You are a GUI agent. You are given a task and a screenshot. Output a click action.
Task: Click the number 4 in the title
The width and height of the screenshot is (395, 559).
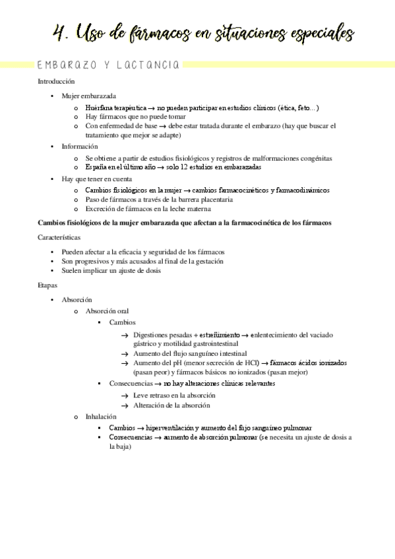click(x=61, y=32)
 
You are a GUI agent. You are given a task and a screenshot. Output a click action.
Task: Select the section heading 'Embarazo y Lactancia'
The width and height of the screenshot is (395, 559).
click(x=108, y=65)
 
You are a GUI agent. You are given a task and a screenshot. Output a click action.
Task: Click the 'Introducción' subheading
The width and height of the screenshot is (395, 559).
click(x=56, y=82)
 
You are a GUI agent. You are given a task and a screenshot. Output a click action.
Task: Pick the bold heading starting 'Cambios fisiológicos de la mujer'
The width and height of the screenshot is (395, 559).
click(x=184, y=223)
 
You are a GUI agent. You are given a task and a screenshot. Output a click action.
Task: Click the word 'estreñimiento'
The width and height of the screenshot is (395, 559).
click(x=220, y=335)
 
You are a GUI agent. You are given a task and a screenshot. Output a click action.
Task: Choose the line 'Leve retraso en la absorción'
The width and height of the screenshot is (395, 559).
click(x=174, y=395)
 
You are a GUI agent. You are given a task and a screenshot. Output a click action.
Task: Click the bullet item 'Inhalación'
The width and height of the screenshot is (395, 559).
click(x=101, y=417)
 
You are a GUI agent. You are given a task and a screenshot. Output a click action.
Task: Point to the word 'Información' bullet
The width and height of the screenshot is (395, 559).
click(x=80, y=146)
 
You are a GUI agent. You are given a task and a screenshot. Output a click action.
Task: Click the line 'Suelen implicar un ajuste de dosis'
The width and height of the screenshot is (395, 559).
click(x=111, y=270)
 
